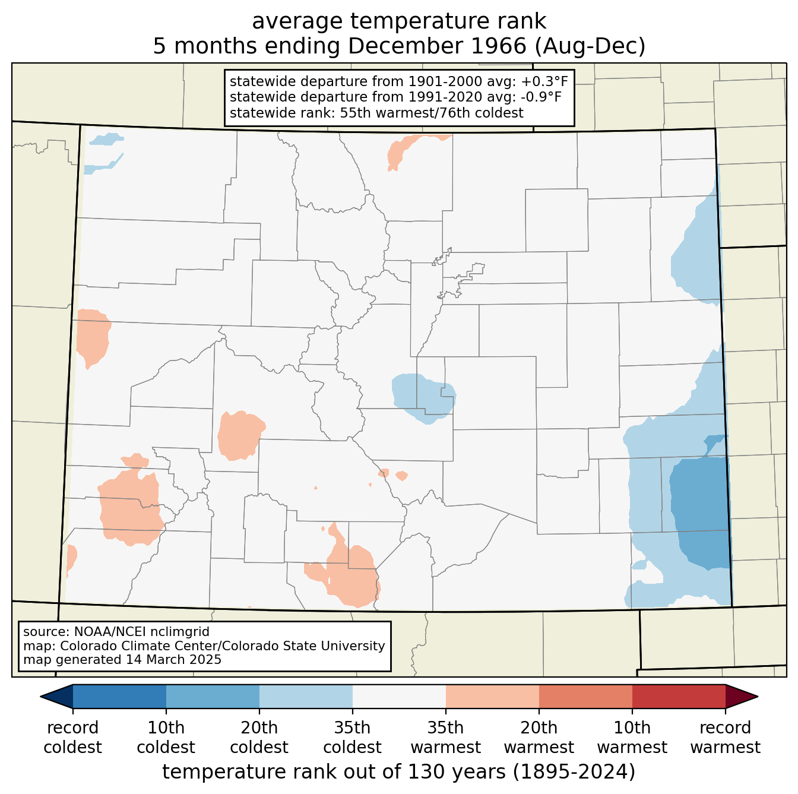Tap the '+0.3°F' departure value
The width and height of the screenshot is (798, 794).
coord(544,81)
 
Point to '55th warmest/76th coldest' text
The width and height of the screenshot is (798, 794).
coord(432,113)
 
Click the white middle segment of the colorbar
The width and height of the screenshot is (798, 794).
coord(399,697)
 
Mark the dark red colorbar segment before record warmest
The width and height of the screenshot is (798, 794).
coord(679,697)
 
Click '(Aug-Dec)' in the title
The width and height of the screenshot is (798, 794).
coord(590,46)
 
